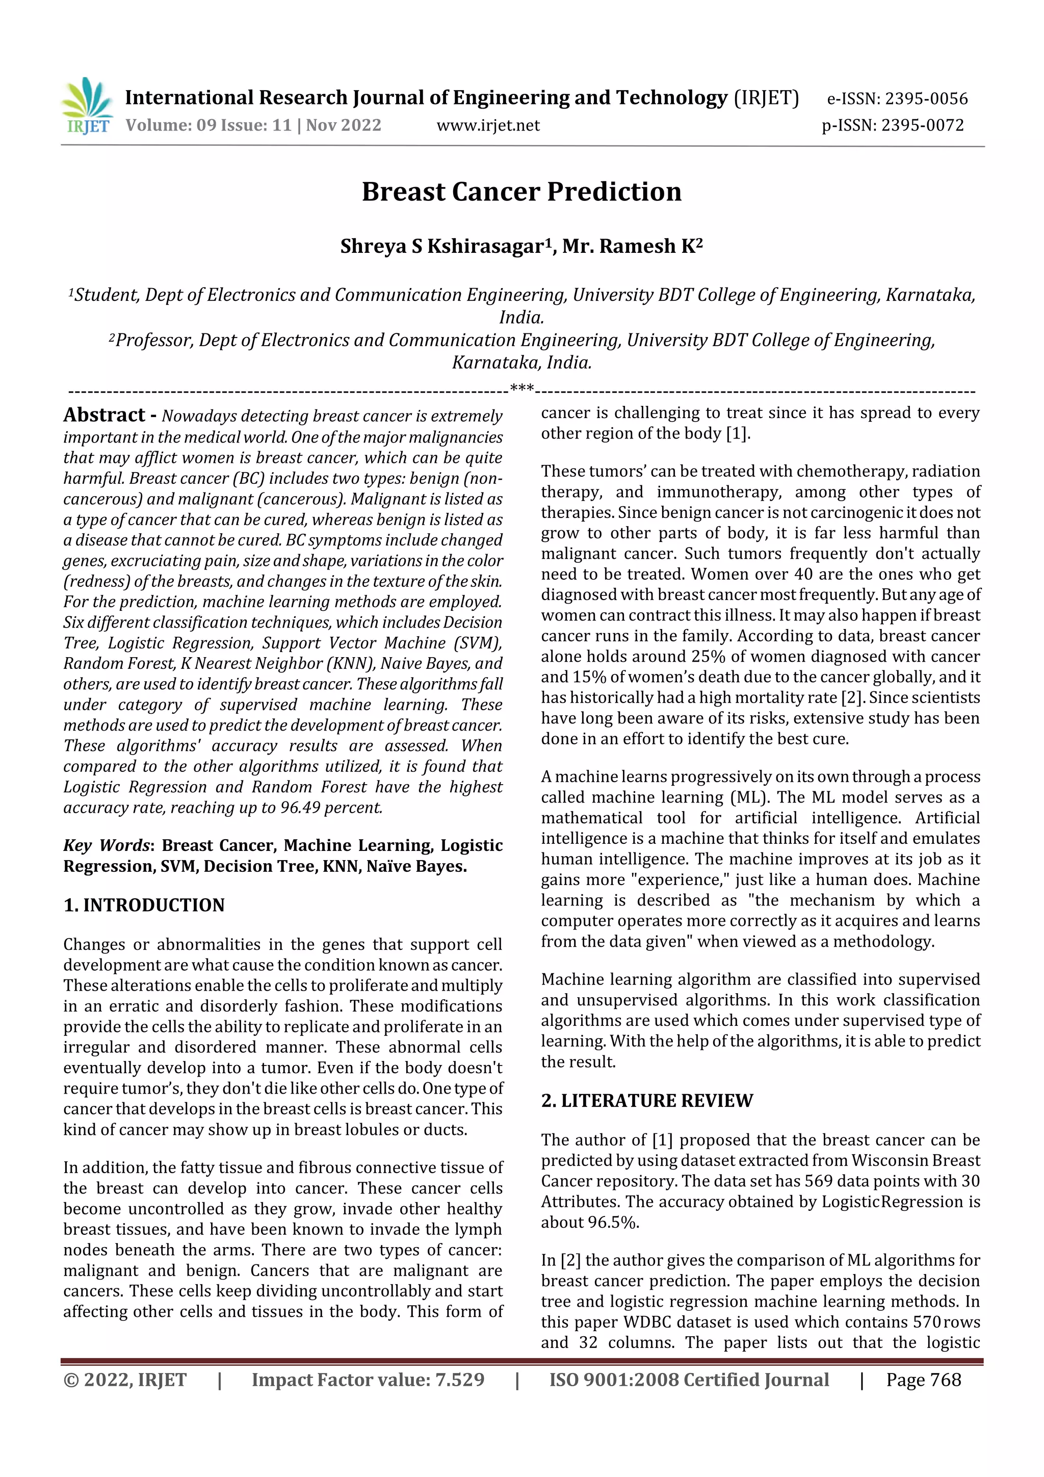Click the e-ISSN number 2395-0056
tap(926, 99)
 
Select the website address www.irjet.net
tap(488, 125)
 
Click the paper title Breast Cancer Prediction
tap(521, 192)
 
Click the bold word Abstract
tap(104, 415)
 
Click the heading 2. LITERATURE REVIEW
tap(646, 1101)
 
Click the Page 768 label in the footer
tap(923, 1379)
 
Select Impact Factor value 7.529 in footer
tap(368, 1379)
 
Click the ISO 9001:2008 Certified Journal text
tap(689, 1379)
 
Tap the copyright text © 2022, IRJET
tap(125, 1379)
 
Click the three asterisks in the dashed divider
tap(521, 388)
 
